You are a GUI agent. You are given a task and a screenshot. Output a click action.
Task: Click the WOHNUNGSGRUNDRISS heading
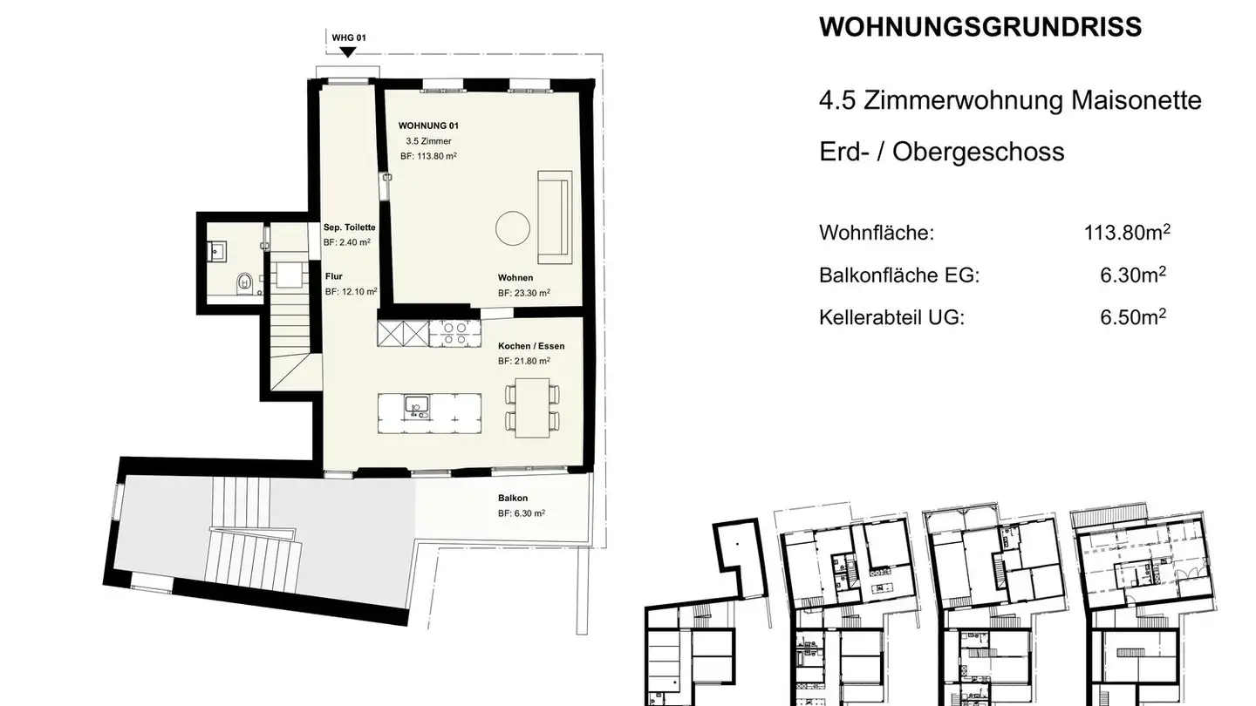[980, 27]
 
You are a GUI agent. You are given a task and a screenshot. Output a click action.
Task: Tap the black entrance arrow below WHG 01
[348, 51]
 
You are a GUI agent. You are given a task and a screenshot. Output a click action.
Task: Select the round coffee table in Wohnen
[513, 228]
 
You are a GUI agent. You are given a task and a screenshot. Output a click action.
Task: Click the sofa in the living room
[554, 217]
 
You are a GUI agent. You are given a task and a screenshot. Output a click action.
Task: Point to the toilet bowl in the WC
[245, 282]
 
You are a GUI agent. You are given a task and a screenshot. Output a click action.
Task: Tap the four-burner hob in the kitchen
[451, 333]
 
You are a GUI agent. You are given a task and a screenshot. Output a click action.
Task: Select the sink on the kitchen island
[416, 405]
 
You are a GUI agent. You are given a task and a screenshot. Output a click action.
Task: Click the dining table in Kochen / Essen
[531, 407]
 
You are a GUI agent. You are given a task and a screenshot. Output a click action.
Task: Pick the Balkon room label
[513, 499]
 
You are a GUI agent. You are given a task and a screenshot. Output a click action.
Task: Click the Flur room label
[333, 275]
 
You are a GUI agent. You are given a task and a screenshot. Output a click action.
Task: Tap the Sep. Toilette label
[349, 227]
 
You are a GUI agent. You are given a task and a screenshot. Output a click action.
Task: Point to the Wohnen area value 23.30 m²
[524, 294]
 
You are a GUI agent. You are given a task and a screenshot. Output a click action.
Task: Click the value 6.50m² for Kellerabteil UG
[1133, 316]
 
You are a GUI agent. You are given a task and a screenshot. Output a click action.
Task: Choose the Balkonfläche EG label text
[899, 275]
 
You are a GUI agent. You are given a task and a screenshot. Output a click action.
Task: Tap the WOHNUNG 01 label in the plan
[428, 126]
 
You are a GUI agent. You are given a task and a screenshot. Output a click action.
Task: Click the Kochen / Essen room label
[531, 346]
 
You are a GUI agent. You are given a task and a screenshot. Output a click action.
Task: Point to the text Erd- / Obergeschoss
[942, 152]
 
